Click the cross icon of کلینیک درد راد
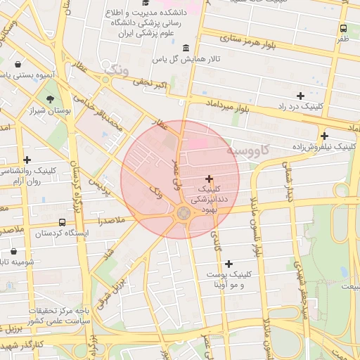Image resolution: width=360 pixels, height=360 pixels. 301,95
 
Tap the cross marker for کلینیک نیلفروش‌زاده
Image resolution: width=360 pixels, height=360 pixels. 324,136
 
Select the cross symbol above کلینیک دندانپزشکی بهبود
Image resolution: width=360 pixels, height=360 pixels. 210,179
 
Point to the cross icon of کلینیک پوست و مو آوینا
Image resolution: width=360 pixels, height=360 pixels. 229,264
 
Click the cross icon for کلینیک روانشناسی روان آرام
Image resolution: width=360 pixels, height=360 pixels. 27,160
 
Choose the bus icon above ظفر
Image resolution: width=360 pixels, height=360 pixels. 343,29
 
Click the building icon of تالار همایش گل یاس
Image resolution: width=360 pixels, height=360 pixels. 185,48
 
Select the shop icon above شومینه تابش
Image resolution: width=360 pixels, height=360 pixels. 13,251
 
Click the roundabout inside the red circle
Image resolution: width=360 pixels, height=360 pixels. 184,212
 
